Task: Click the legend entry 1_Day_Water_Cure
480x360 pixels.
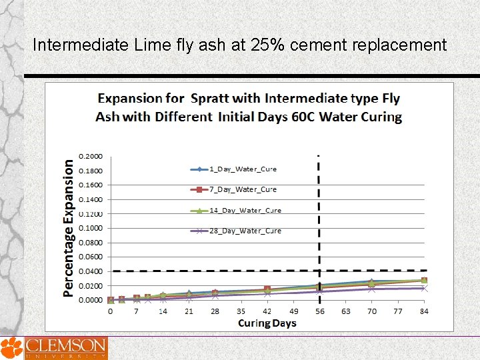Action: [243, 169]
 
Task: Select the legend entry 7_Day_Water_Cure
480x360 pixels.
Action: [243, 190]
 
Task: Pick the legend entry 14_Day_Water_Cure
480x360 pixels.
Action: [245, 211]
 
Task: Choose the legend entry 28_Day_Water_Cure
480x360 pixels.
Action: [245, 231]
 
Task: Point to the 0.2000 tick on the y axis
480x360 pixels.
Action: [91, 156]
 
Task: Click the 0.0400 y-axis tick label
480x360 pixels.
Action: [91, 271]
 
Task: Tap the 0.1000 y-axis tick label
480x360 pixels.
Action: [91, 228]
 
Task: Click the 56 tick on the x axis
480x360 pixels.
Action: [319, 311]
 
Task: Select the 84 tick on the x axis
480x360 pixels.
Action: [424, 311]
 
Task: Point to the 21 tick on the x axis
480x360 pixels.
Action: [189, 311]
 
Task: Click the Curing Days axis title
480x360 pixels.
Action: [267, 323]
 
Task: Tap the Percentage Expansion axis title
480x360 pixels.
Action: [69, 227]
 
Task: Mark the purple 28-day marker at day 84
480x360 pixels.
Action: [424, 288]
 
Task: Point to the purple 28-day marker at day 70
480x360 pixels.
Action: [371, 289]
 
